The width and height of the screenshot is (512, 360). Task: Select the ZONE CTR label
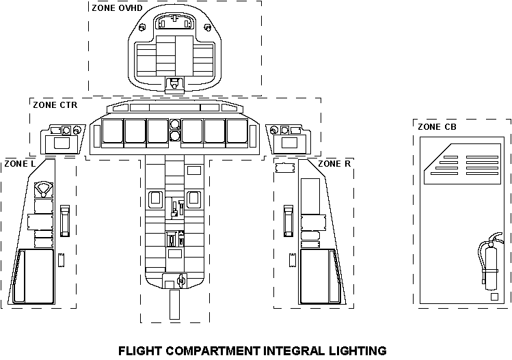(55, 105)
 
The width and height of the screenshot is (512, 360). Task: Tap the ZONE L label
(21, 164)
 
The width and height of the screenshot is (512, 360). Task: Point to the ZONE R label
(334, 164)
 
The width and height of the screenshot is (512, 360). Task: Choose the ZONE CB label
(437, 126)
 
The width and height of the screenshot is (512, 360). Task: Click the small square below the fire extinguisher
(494, 297)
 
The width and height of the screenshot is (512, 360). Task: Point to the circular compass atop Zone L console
(44, 188)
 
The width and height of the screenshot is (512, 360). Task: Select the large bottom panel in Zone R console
(318, 275)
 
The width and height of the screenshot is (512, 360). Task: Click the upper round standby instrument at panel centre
(175, 124)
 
